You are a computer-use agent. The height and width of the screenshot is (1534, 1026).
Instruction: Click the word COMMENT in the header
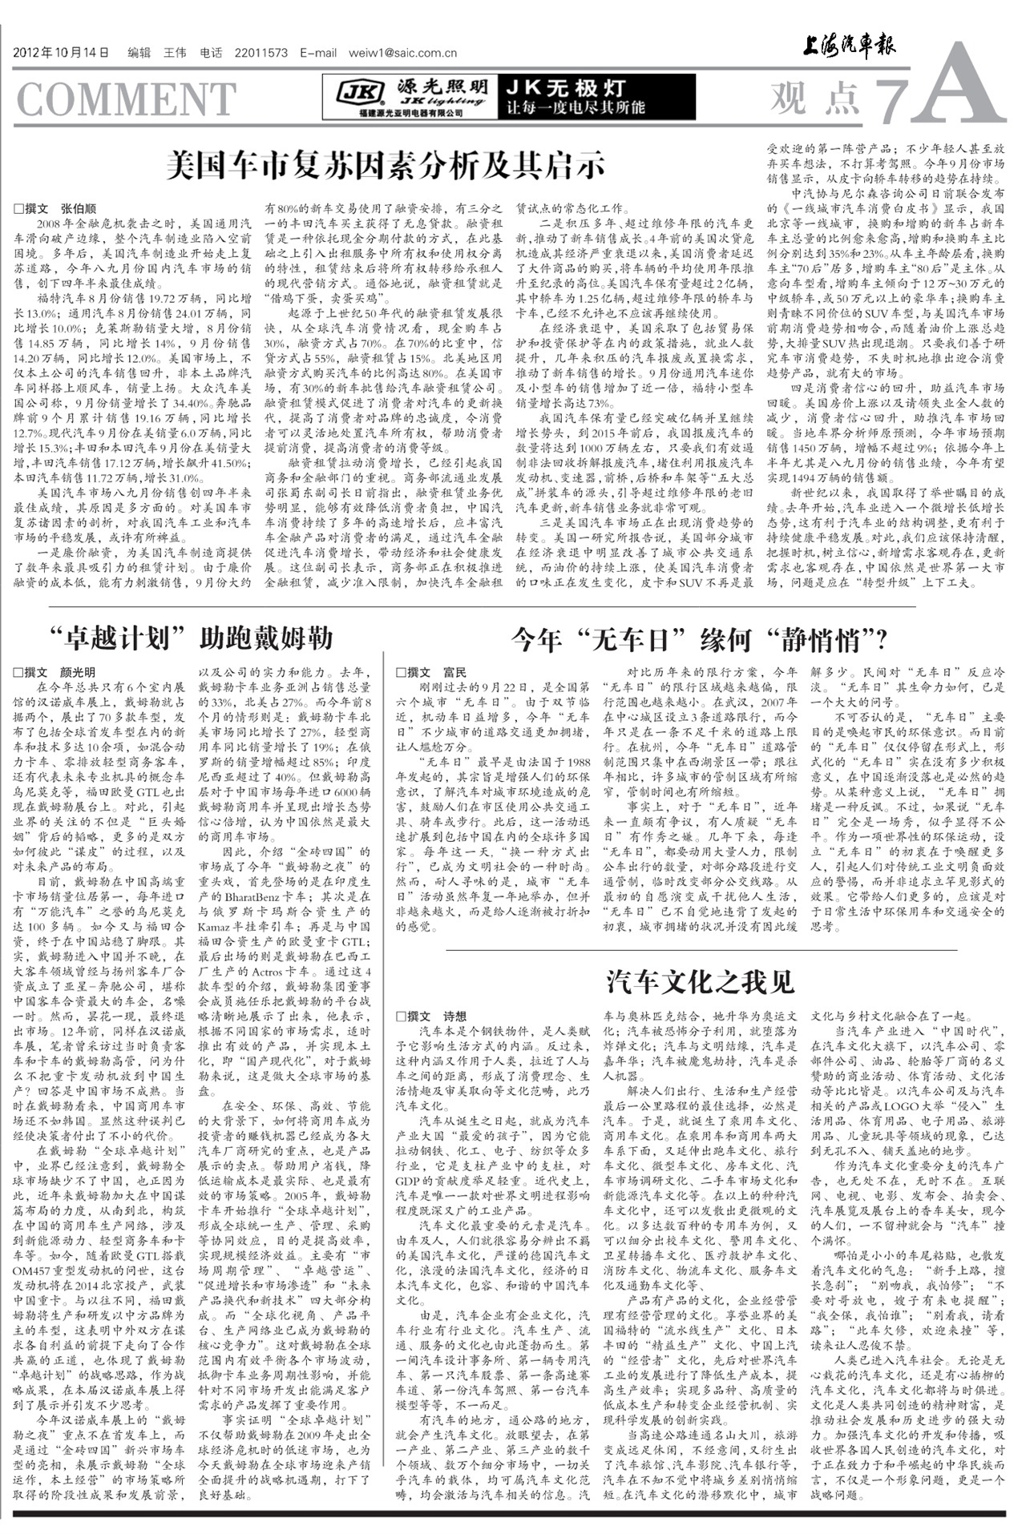point(126,99)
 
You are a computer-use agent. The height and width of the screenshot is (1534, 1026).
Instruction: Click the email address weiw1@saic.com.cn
point(402,54)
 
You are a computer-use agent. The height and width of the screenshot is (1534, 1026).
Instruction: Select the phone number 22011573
point(261,54)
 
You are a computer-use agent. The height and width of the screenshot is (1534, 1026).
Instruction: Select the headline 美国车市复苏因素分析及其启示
point(385,165)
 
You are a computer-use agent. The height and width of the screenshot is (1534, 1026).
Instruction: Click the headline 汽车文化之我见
point(700,980)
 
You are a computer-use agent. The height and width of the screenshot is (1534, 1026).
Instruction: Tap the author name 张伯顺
point(79,207)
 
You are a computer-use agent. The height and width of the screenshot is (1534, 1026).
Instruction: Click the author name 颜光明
point(78,672)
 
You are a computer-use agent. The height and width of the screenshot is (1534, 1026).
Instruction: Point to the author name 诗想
point(454,1017)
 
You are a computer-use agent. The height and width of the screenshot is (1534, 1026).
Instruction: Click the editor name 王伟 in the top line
point(175,54)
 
